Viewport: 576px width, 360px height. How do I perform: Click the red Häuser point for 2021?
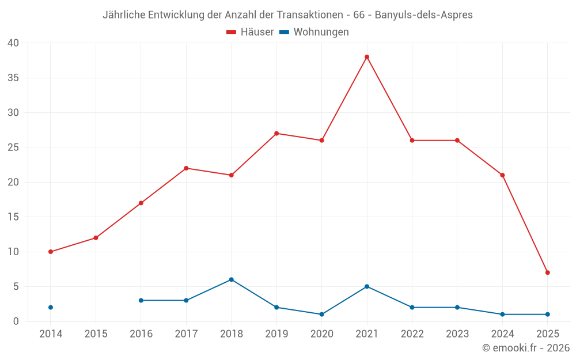pos(367,57)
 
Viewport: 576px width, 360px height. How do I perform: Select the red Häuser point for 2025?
pos(547,272)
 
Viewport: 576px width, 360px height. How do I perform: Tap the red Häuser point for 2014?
pos(51,252)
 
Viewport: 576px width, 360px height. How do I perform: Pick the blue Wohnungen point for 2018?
pos(232,279)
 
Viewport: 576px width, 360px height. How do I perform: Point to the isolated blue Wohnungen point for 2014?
pos(51,308)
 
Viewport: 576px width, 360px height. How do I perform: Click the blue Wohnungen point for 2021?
pos(367,286)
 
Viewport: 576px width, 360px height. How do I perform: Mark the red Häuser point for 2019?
pos(276,134)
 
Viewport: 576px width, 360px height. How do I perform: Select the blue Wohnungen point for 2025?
pos(547,314)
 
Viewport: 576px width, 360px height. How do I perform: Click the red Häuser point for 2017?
pos(186,168)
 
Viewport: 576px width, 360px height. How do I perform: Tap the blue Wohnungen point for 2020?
pos(321,314)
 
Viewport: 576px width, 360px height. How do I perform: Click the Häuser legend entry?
pos(250,32)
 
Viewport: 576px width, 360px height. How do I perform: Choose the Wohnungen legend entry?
pos(314,32)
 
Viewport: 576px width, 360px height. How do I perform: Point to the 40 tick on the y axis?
pos(13,43)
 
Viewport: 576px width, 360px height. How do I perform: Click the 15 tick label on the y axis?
pos(13,217)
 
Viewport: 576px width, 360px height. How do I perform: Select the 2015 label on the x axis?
pos(96,334)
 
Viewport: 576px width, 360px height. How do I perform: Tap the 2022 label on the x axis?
pos(412,334)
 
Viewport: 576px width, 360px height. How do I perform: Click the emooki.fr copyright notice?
pos(525,348)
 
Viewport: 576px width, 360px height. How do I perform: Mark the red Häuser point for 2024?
pos(502,175)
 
